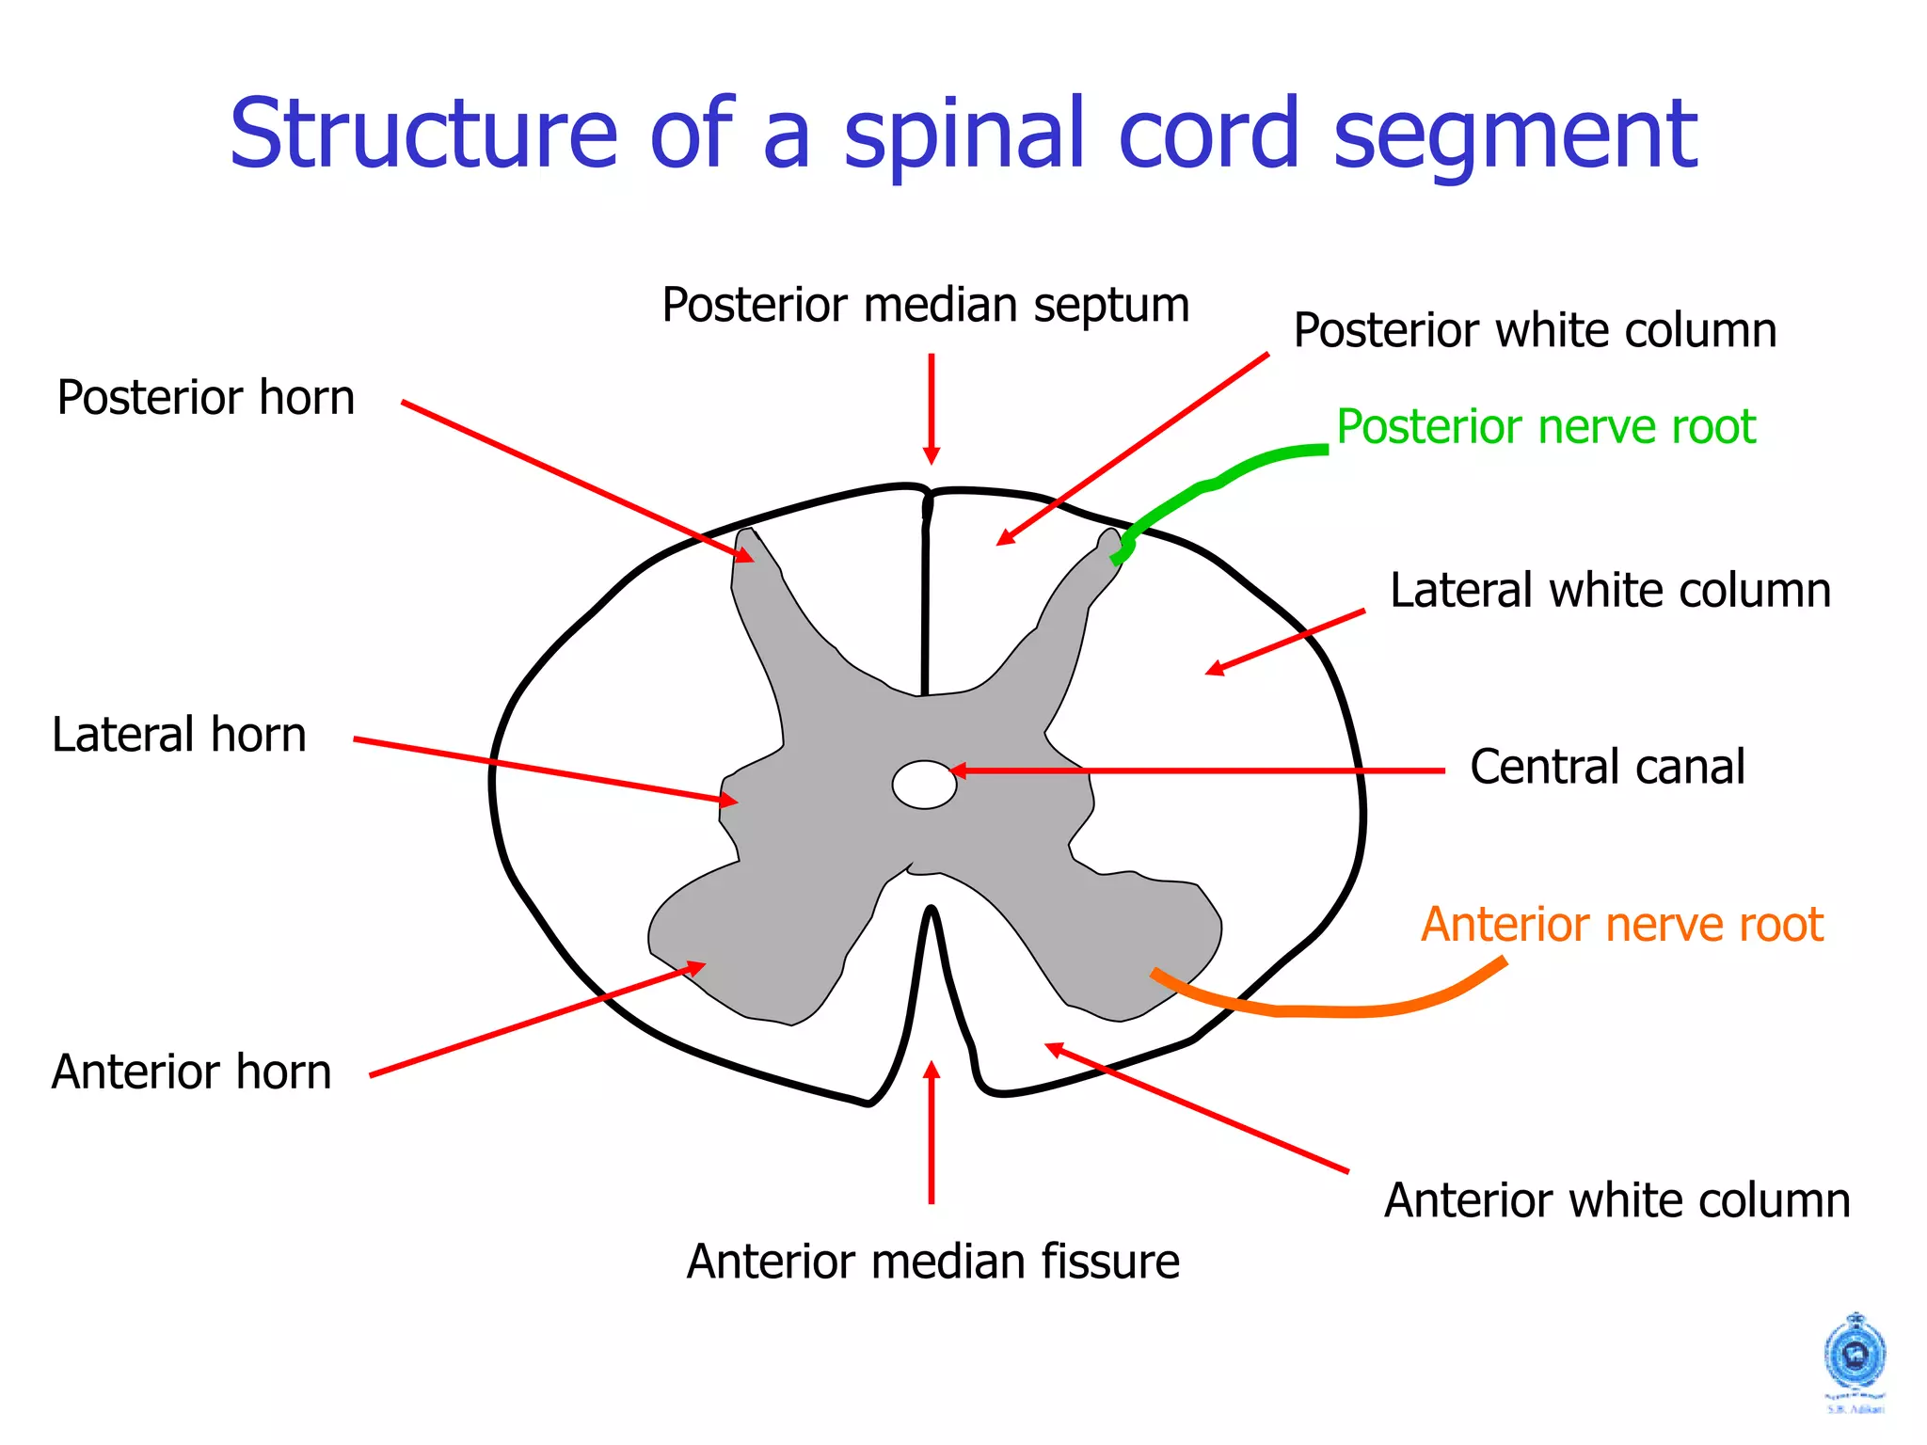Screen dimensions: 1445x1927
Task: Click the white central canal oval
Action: coord(924,785)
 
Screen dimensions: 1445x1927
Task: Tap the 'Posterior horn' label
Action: coord(206,397)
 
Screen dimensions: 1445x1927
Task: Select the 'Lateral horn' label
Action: coord(179,735)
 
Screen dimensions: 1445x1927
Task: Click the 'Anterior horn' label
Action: coord(191,1072)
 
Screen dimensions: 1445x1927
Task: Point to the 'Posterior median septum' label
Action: coord(925,305)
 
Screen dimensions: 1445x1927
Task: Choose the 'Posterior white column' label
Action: coord(1535,330)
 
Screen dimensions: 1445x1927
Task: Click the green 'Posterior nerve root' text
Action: coord(1545,426)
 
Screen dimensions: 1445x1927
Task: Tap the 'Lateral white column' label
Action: coord(1610,591)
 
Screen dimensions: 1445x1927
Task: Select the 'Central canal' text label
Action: coord(1607,766)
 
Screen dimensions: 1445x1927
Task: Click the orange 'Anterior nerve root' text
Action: coord(1621,924)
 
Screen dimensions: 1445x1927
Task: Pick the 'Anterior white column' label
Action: coord(1616,1200)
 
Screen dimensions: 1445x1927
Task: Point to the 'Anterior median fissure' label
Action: coord(932,1262)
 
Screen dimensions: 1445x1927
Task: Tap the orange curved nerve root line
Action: coord(1336,1010)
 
